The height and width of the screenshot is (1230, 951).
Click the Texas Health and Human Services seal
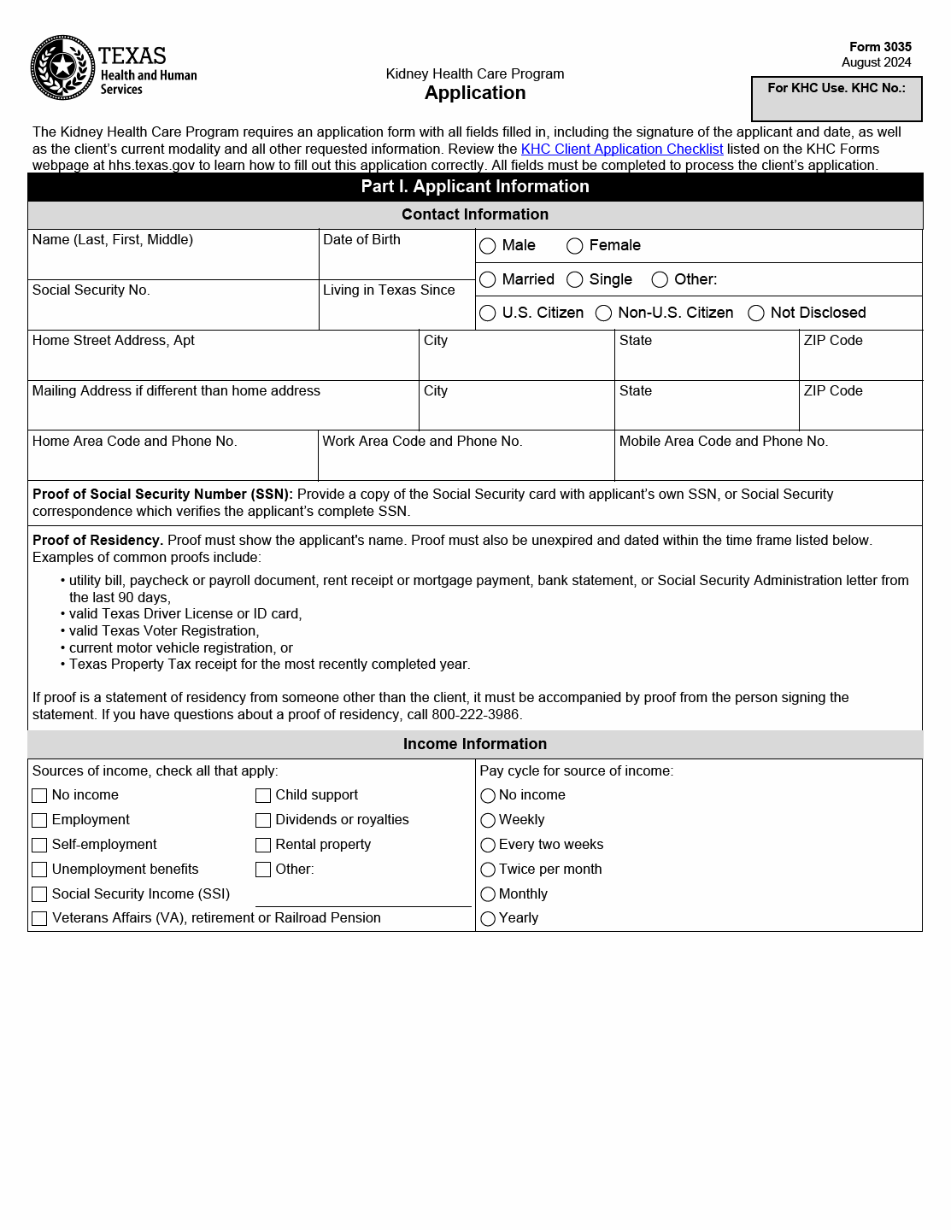[x=62, y=67]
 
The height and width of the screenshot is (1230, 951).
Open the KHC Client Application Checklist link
[x=621, y=149]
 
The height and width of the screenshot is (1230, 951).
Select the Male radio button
[x=488, y=246]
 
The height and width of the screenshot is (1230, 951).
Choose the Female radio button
[x=575, y=246]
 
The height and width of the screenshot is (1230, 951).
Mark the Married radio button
[x=488, y=279]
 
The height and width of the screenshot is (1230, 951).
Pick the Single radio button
[x=575, y=279]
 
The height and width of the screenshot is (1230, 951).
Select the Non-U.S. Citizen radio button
[x=603, y=313]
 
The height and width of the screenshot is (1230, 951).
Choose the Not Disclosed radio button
[x=756, y=313]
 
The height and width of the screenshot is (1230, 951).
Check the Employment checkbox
[x=39, y=820]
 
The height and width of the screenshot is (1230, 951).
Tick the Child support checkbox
[x=263, y=795]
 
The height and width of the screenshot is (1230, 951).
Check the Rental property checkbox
[x=263, y=845]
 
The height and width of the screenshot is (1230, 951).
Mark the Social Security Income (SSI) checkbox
[x=39, y=894]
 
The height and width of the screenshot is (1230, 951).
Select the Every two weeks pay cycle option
[x=488, y=845]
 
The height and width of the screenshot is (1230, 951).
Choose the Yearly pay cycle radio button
[x=488, y=918]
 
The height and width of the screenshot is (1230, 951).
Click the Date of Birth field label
[x=361, y=240]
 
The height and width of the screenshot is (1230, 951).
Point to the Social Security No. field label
[x=91, y=290]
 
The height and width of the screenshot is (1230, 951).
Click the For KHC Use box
[x=837, y=99]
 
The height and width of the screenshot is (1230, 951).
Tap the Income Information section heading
[x=475, y=744]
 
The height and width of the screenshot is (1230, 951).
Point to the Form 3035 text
[x=880, y=47]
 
